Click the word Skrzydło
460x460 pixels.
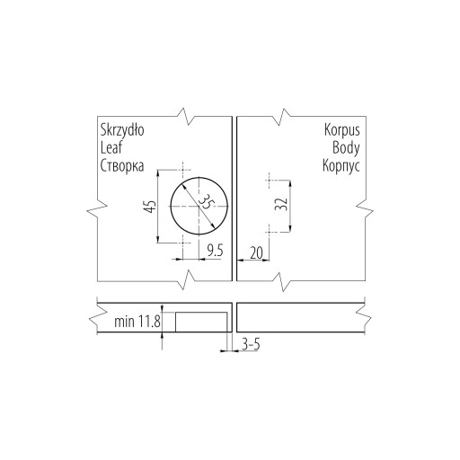click(x=122, y=131)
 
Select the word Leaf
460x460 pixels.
click(x=111, y=147)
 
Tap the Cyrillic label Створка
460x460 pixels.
click(x=122, y=165)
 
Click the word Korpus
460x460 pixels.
click(x=342, y=131)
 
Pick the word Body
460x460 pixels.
click(x=346, y=148)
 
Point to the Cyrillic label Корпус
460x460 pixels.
click(x=341, y=165)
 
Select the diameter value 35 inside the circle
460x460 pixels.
click(x=207, y=202)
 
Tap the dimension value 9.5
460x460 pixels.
click(x=216, y=251)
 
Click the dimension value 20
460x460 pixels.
click(x=256, y=253)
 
